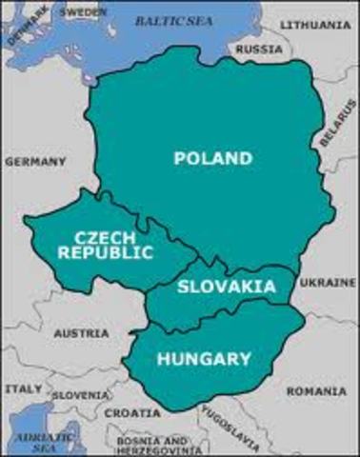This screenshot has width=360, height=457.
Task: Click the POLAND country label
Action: click(x=213, y=159)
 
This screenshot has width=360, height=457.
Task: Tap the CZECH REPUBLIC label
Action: click(x=105, y=245)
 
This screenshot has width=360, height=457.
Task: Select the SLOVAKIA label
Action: click(x=227, y=287)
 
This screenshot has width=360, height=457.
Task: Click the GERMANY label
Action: click(x=35, y=162)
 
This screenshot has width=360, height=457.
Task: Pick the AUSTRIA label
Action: click(x=73, y=334)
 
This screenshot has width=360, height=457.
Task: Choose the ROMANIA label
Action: click(x=317, y=390)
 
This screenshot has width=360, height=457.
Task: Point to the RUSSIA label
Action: click(x=259, y=49)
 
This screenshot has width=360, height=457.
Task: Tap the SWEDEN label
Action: click(x=84, y=12)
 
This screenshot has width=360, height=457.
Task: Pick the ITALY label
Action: click(x=23, y=388)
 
